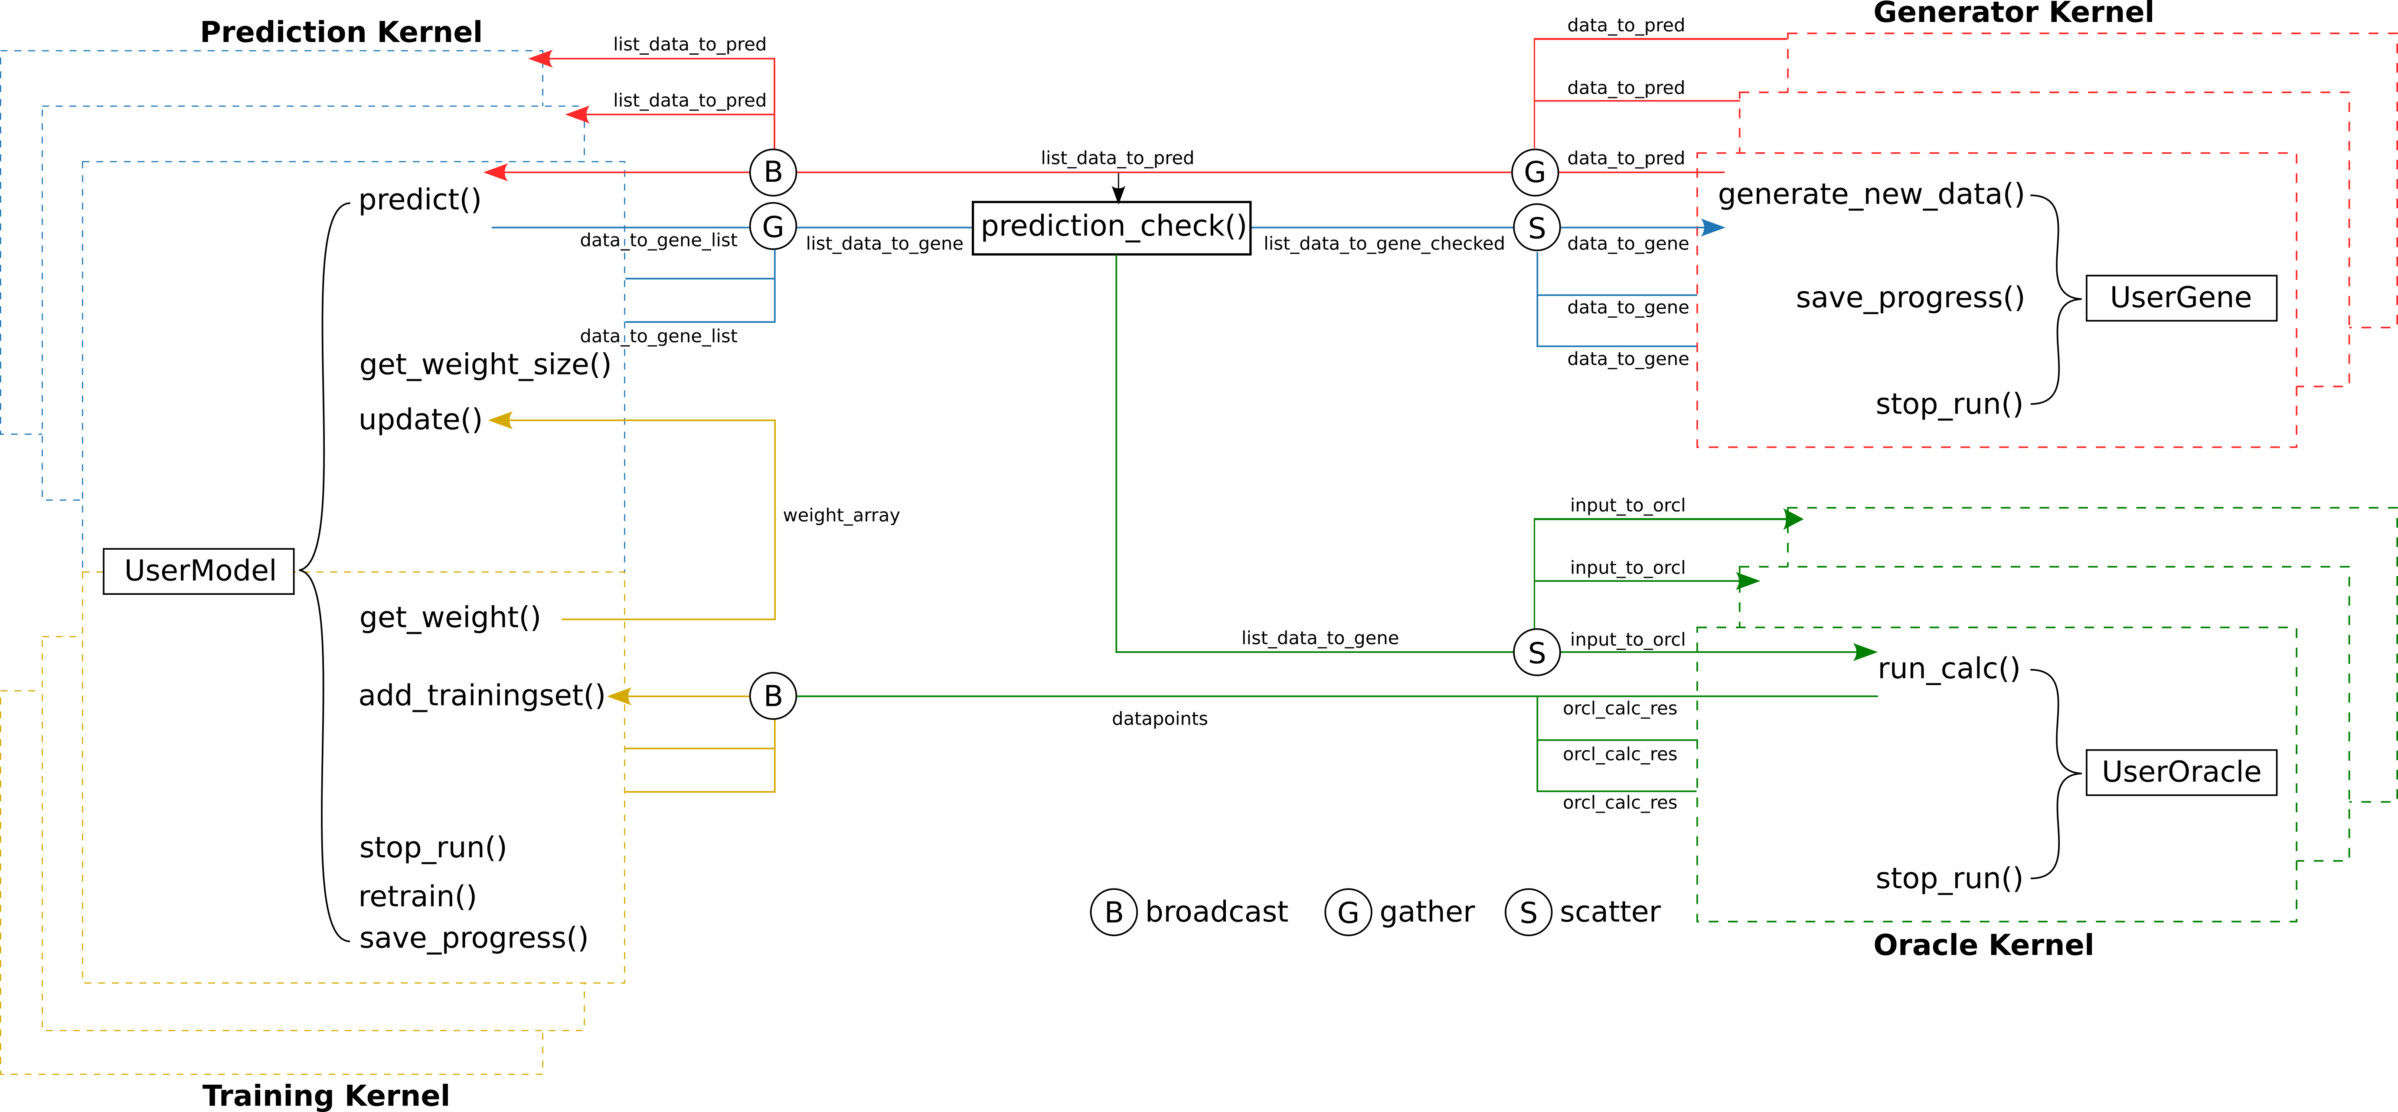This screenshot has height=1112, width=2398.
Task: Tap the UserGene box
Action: point(2180,298)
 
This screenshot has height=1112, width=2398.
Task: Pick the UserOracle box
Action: point(2180,772)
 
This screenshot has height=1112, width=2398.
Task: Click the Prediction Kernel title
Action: point(341,32)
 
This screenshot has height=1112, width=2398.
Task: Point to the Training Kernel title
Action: point(326,1095)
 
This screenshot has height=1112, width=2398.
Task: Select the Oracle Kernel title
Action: point(1983,945)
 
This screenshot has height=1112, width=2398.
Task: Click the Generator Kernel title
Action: point(2012,13)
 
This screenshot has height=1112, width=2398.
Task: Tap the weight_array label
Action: point(841,515)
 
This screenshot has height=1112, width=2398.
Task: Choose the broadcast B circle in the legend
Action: point(1114,913)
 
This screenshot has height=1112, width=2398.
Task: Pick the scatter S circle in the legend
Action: point(1528,913)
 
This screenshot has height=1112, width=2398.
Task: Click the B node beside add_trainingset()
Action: point(773,695)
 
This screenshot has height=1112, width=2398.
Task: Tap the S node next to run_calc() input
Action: point(1536,652)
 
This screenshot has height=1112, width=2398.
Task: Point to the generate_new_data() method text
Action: point(1871,195)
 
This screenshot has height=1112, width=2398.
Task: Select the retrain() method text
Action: point(417,896)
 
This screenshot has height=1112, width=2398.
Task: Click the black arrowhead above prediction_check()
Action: point(1118,194)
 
